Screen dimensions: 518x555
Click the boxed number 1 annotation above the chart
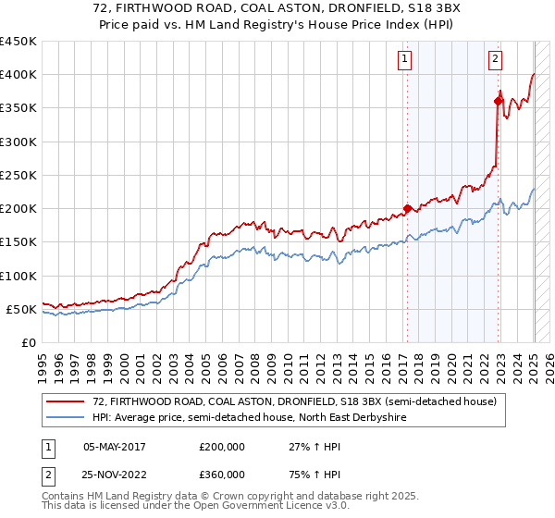pos(406,59)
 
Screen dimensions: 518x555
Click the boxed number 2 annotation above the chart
pos(496,59)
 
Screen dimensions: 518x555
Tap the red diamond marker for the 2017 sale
pos(407,209)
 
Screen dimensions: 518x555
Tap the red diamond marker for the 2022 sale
pos(498,102)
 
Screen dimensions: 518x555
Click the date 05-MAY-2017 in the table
pos(114,446)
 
